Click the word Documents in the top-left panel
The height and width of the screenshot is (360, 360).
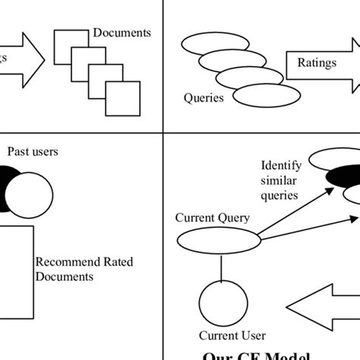122,33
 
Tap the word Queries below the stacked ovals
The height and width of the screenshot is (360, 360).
204,98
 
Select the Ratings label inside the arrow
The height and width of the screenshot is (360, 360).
317,63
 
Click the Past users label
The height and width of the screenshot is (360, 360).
33,151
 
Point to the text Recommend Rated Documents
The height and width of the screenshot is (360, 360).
84,269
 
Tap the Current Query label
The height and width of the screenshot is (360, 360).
213,218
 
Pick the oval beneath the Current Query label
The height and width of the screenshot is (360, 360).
213,241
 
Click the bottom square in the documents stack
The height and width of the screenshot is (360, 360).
122,98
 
